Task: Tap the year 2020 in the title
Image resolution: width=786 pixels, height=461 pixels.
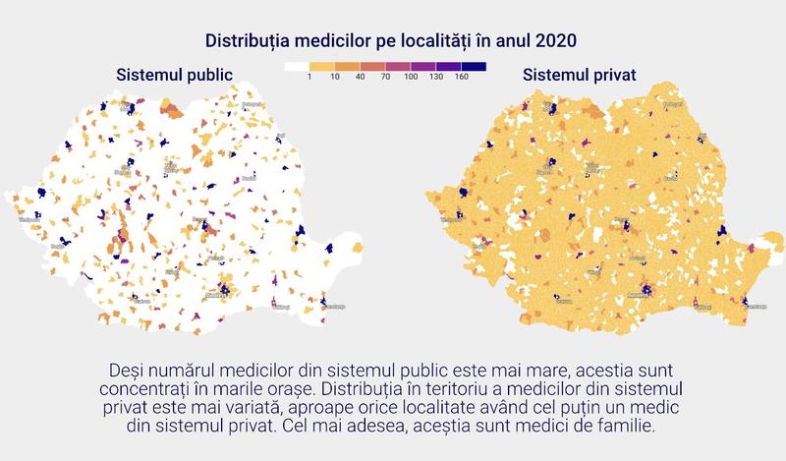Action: coord(555,40)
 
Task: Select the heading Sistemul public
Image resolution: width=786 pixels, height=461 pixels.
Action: coord(174,75)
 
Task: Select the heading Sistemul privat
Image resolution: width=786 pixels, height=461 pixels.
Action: coord(580,75)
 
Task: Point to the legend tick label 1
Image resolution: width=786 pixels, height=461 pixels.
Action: coord(309,77)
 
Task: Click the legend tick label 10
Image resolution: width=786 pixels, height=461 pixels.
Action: coord(335,77)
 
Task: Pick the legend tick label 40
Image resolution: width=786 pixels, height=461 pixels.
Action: coord(361,77)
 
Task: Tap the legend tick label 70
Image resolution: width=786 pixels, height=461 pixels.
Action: coord(386,77)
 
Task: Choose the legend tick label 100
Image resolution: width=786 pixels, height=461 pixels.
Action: coord(411,77)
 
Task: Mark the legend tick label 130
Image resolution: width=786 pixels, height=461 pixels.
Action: coord(436,77)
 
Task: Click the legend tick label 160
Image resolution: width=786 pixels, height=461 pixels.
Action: coord(462,77)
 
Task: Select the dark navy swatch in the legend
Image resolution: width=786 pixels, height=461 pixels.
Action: coord(475,67)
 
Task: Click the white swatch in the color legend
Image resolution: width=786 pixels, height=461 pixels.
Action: coord(297,67)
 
